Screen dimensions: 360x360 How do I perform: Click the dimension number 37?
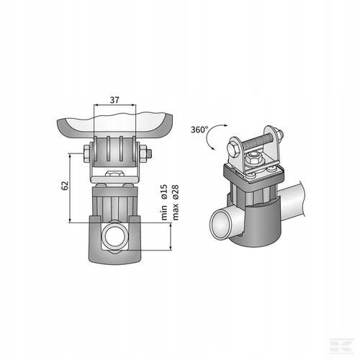(115, 100)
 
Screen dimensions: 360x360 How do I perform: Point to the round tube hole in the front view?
(115, 237)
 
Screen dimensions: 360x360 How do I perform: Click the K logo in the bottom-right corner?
(349, 351)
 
